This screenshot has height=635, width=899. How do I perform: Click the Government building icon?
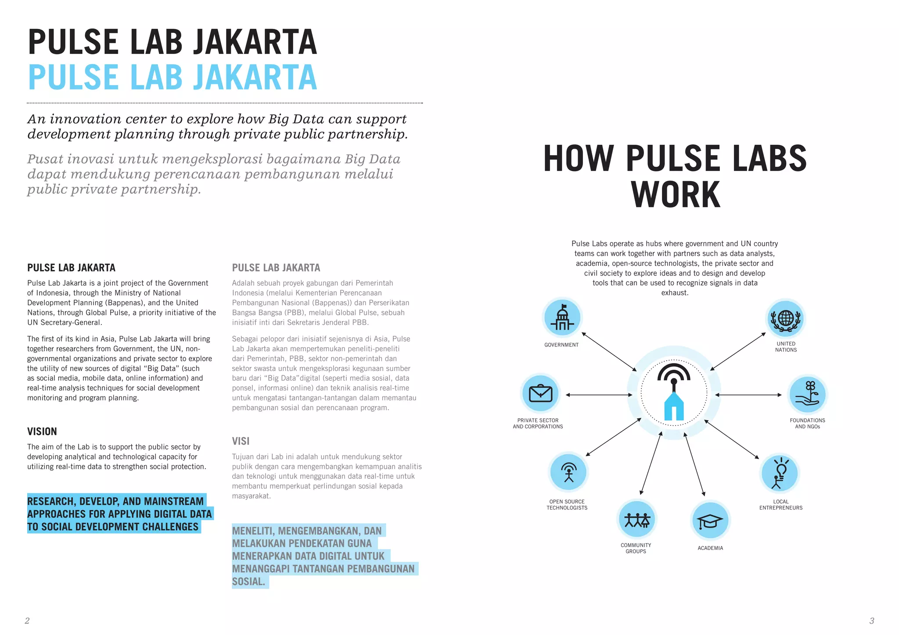[562, 317]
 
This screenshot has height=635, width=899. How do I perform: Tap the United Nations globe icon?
[786, 319]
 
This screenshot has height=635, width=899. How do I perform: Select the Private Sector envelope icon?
[540, 393]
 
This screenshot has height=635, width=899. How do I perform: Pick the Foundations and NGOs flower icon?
[807, 394]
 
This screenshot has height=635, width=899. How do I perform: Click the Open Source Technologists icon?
[568, 472]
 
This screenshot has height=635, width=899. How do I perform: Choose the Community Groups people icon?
[636, 519]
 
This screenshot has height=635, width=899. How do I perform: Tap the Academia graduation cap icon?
[710, 521]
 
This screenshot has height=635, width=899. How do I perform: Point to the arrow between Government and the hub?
[609, 352]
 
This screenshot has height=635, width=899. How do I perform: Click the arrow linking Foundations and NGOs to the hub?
[748, 395]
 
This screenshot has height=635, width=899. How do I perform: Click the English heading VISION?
[42, 432]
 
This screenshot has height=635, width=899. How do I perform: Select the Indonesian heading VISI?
[241, 441]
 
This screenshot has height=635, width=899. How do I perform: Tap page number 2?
[27, 621]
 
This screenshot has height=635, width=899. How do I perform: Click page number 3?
[872, 621]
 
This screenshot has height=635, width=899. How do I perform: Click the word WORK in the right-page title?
[676, 195]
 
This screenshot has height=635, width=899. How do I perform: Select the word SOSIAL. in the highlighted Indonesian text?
[249, 581]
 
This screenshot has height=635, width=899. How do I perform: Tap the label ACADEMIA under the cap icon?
[710, 548]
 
